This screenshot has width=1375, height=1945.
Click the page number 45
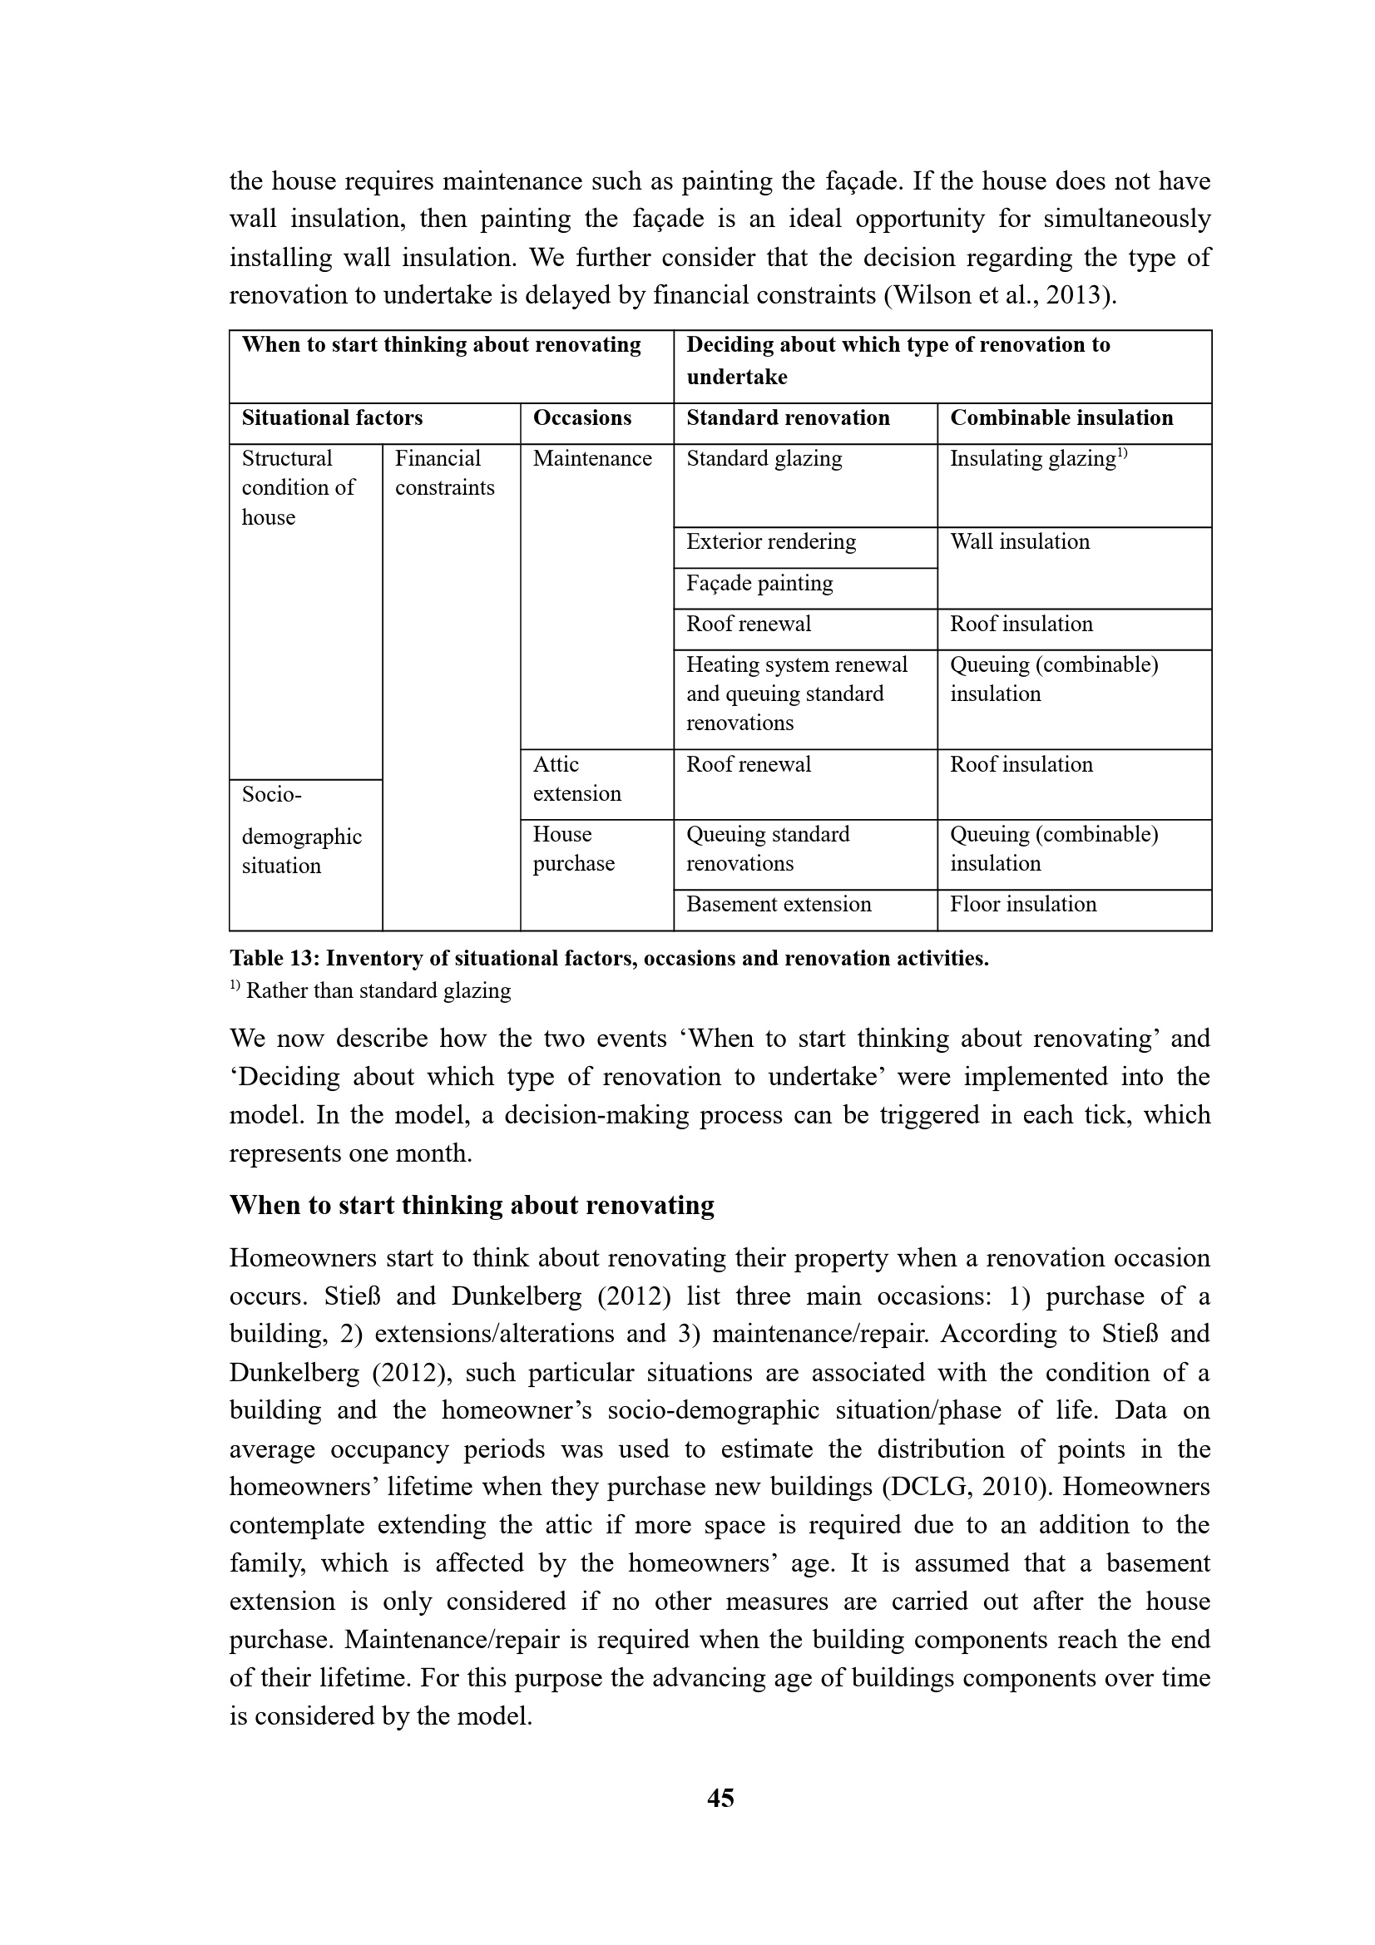720,1797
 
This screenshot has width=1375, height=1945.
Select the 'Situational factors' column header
332,417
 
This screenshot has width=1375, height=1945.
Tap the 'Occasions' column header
582,417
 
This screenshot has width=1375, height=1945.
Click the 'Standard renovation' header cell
788,417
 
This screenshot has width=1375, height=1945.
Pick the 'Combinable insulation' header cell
1061,417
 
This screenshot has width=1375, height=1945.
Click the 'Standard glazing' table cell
764,458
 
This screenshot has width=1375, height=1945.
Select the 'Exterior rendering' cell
771,541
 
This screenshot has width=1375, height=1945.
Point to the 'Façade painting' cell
759,583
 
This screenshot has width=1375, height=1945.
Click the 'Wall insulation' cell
1020,541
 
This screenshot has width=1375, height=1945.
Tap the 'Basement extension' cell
779,904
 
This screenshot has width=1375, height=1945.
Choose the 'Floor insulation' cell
1022,904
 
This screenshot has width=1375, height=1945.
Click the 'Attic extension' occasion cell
577,778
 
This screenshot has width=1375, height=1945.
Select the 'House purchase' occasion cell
574,849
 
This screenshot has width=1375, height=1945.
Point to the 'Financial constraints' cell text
444,472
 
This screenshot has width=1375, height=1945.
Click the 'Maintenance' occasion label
592,458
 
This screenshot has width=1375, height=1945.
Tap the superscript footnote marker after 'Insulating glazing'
1122,453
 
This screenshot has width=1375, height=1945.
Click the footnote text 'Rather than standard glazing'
378,990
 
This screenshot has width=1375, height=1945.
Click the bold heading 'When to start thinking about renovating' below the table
471,1205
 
